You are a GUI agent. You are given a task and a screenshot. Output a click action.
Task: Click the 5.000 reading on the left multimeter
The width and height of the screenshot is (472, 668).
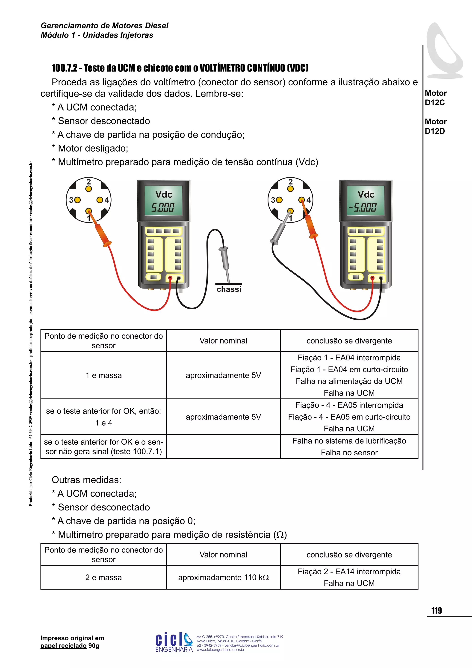pyautogui.click(x=163, y=207)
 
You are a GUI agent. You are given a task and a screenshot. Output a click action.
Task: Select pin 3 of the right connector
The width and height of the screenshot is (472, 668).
pyautogui.click(x=279, y=200)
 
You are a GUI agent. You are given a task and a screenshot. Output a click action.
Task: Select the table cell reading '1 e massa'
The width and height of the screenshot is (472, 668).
pyautogui.click(x=103, y=375)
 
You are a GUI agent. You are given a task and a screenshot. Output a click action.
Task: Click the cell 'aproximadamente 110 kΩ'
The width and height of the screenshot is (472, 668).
pyautogui.click(x=223, y=578)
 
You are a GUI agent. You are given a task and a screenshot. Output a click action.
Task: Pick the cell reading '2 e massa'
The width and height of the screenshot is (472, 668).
pyautogui.click(x=103, y=578)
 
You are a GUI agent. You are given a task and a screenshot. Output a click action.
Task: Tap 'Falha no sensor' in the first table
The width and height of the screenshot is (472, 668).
pyautogui.click(x=349, y=453)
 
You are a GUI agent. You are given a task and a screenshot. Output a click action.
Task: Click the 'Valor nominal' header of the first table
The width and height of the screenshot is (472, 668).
pyautogui.click(x=223, y=341)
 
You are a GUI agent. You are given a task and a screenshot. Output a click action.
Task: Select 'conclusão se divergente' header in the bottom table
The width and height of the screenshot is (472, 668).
pyautogui.click(x=349, y=555)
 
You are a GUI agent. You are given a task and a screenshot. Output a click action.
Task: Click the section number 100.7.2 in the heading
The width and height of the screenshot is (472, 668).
pyautogui.click(x=65, y=68)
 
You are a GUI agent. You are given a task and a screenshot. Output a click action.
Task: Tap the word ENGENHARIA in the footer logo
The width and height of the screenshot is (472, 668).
pyautogui.click(x=174, y=649)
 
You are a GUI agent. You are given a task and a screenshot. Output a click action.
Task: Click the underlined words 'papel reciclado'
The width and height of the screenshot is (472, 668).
pyautogui.click(x=63, y=646)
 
